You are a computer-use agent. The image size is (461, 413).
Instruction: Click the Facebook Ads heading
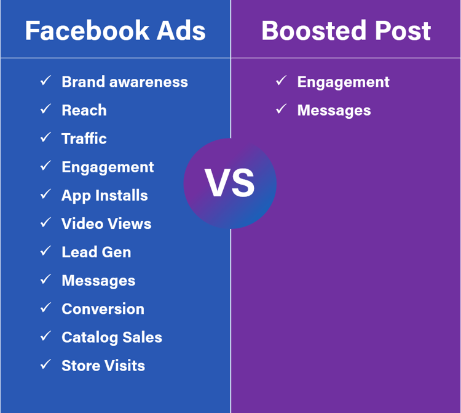point(115,31)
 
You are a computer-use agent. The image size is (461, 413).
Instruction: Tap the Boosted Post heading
point(346,31)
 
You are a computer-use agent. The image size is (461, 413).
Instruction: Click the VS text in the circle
point(230,183)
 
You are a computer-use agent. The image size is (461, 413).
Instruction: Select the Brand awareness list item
point(125,82)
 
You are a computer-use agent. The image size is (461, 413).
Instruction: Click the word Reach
point(84,110)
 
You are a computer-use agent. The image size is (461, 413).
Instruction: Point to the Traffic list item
point(84,138)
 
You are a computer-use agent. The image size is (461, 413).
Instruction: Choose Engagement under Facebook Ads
point(108,167)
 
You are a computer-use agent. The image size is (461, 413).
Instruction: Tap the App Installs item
point(104,195)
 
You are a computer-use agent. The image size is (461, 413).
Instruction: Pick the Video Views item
point(106,223)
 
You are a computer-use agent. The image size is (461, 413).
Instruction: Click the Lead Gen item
point(96,252)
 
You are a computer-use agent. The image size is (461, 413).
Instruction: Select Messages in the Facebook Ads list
point(98,281)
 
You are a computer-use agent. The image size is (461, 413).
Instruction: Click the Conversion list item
point(103,309)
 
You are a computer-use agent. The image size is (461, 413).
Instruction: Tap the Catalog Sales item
point(112,337)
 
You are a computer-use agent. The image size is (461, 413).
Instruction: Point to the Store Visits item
point(103,366)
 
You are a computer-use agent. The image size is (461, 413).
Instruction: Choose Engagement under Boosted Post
point(343,82)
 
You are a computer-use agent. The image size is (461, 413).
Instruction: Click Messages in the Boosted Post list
point(334,110)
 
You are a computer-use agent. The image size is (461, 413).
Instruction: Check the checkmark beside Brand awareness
point(45,81)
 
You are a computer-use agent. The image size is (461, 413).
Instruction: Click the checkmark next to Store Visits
point(45,364)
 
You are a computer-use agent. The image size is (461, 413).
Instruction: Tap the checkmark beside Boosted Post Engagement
point(281,81)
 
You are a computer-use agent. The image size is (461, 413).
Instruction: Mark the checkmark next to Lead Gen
point(45,251)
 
